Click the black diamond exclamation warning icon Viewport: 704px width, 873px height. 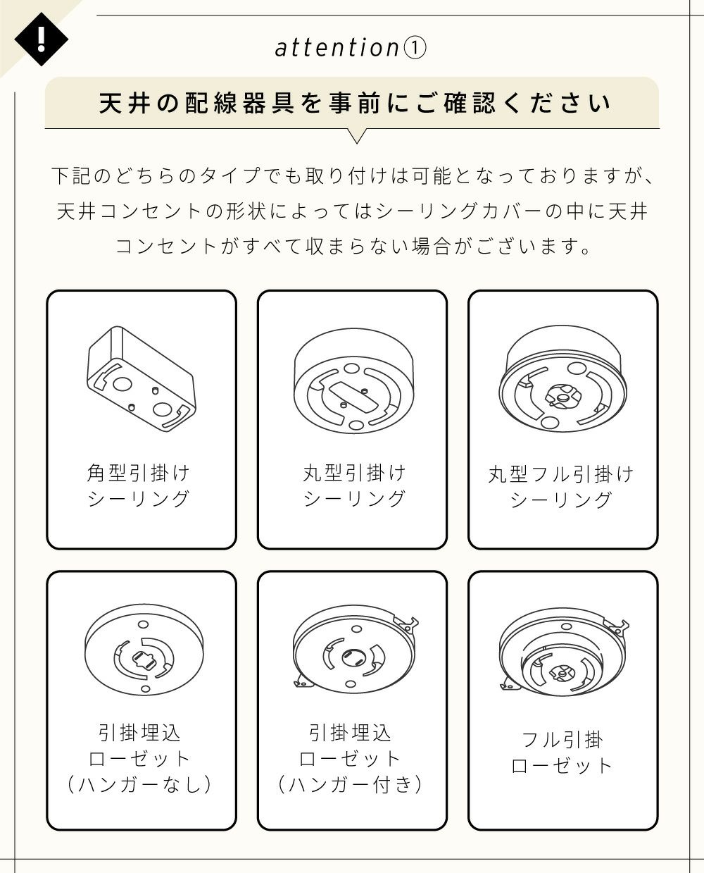tap(41, 39)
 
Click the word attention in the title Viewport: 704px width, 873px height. tap(337, 47)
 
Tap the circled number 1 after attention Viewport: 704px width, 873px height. tap(415, 48)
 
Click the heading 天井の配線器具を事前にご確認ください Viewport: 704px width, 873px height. tap(355, 103)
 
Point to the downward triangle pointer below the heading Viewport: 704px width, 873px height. tap(357, 136)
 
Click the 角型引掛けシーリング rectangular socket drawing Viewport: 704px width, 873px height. tap(142, 378)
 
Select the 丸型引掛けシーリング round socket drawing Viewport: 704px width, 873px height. tap(354, 380)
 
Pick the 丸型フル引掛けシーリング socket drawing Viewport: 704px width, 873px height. tap(562, 378)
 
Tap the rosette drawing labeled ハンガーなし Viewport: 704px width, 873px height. tap(144, 649)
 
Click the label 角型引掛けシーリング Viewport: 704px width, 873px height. tap(139, 485)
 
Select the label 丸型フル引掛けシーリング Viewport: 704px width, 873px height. tap(561, 487)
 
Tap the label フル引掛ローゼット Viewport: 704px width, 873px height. tap(562, 753)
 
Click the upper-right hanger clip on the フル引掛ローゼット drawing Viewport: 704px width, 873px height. tap(617, 628)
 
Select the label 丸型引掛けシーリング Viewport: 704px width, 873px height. tap(354, 485)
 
